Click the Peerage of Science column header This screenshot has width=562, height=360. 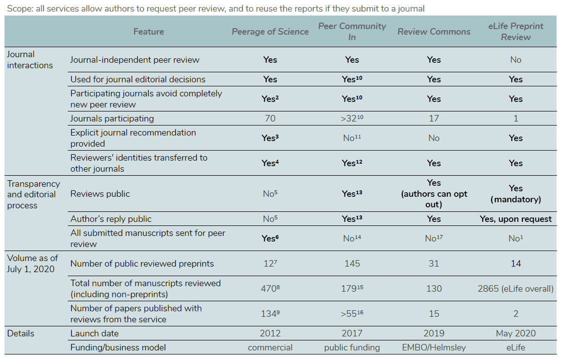tap(270, 32)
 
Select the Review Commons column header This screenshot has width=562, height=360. tap(434, 32)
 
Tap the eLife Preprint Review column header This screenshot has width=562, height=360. tap(516, 32)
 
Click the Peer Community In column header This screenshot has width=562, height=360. tap(352, 32)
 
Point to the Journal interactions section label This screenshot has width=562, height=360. tap(30, 60)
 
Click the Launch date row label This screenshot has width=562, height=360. tap(94, 333)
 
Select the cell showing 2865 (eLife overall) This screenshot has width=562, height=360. tap(516, 289)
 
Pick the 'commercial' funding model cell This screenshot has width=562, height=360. tap(270, 347)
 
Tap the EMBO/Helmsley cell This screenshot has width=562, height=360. tap(434, 347)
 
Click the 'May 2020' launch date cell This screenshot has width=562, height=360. tap(516, 333)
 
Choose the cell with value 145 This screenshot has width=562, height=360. tap(352, 264)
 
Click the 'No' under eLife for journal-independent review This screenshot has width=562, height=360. tap(516, 60)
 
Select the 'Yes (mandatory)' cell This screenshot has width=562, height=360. tap(516, 194)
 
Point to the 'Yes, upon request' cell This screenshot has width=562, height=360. tap(516, 219)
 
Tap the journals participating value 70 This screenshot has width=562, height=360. tap(270, 118)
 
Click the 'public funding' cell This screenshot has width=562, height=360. tap(352, 347)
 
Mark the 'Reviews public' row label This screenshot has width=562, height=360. tap(100, 194)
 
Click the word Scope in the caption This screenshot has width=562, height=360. tap(20, 9)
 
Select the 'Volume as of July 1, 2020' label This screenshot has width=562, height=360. tap(33, 263)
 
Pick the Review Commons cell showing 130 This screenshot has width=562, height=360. tap(434, 289)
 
